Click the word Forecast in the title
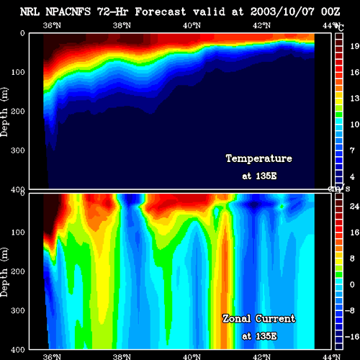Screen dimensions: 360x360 tap(161, 12)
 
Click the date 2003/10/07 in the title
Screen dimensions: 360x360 tap(282, 12)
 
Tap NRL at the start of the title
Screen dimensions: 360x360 tap(30, 12)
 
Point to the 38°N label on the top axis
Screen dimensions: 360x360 tap(122, 25)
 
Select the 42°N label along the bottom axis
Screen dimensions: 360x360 tap(261, 356)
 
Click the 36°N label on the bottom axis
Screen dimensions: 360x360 tap(52, 356)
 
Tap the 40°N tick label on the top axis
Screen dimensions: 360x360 tap(192, 25)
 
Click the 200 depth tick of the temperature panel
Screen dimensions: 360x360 tap(18, 112)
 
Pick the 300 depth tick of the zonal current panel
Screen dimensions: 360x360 tap(18, 310)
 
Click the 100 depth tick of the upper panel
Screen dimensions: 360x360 tap(18, 72)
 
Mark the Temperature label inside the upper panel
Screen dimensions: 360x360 tap(259, 158)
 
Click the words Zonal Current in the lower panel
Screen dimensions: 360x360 tap(259, 319)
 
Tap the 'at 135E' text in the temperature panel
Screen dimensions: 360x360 tap(259, 176)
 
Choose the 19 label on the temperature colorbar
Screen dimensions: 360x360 tap(355, 46)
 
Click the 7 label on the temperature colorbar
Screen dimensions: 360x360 tap(352, 150)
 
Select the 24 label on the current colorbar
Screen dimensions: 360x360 tap(354, 207)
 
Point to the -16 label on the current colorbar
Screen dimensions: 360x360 tap(352, 336)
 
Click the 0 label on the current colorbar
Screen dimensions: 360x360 tap(352, 284)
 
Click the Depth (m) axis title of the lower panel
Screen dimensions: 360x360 tap(4, 272)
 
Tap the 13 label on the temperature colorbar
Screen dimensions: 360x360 tap(355, 98)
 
